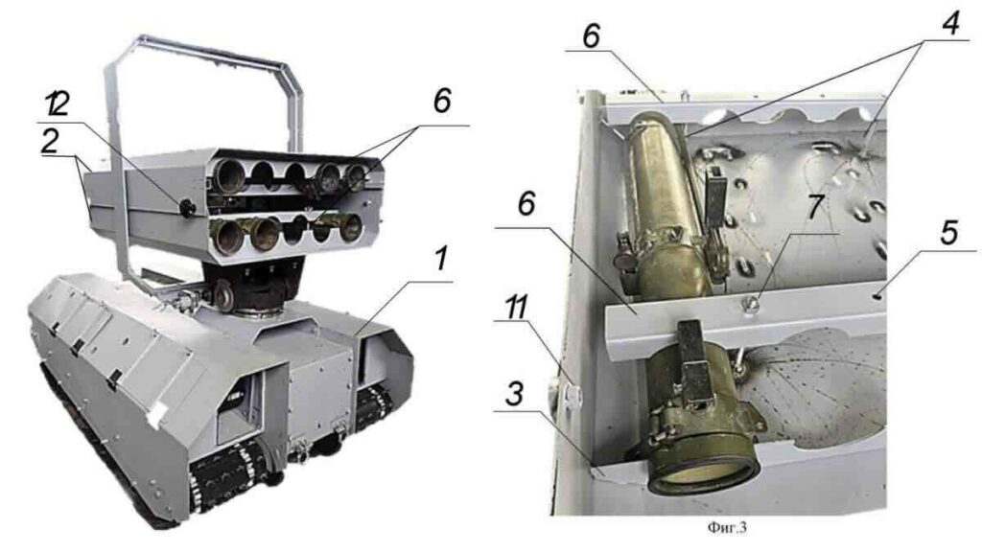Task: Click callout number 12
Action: coord(57,105)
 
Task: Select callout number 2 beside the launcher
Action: coord(50,142)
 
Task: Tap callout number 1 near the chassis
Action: coord(442,259)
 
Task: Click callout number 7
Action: coord(813,207)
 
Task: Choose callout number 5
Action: coord(949,232)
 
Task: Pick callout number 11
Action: coord(517,308)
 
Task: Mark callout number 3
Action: coord(514,394)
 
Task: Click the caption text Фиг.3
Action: coord(727,528)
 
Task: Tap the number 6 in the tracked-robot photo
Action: coord(442,100)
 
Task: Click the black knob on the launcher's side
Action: coord(187,208)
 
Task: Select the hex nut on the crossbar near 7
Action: coord(750,305)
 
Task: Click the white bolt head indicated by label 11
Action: coord(573,394)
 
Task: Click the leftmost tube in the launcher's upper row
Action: coord(226,176)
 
